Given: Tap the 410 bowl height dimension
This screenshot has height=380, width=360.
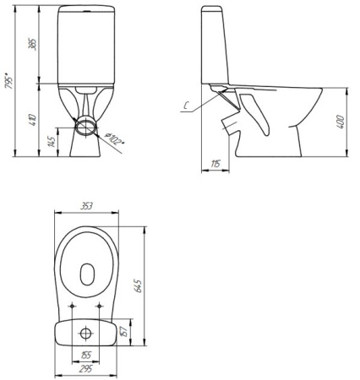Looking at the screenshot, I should [x=33, y=119].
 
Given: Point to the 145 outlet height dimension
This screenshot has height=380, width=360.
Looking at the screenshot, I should [x=52, y=141].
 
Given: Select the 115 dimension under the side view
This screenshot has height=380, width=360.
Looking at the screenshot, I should [x=216, y=163].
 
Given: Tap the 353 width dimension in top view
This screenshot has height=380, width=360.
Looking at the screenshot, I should [x=86, y=204].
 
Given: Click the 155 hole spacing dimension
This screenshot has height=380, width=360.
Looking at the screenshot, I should [x=86, y=356].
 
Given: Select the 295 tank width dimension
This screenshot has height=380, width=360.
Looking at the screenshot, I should [x=86, y=369].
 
